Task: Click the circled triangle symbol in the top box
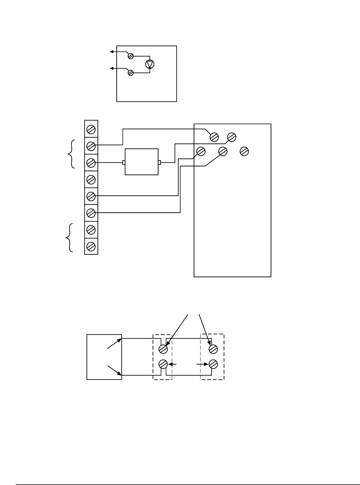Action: coord(150,64)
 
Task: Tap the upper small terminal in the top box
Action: coord(131,56)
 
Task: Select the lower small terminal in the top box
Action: coord(131,73)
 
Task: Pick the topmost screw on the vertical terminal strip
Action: coord(91,129)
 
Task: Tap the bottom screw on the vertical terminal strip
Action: coord(91,246)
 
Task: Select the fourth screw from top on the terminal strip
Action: coord(91,179)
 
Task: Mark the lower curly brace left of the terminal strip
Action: coord(70,237)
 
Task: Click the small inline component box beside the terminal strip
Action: coord(142,162)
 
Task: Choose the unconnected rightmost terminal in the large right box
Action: coord(244,151)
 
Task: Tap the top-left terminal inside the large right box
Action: coord(214,137)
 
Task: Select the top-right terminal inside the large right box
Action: coord(232,137)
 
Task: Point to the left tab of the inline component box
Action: coord(124,162)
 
